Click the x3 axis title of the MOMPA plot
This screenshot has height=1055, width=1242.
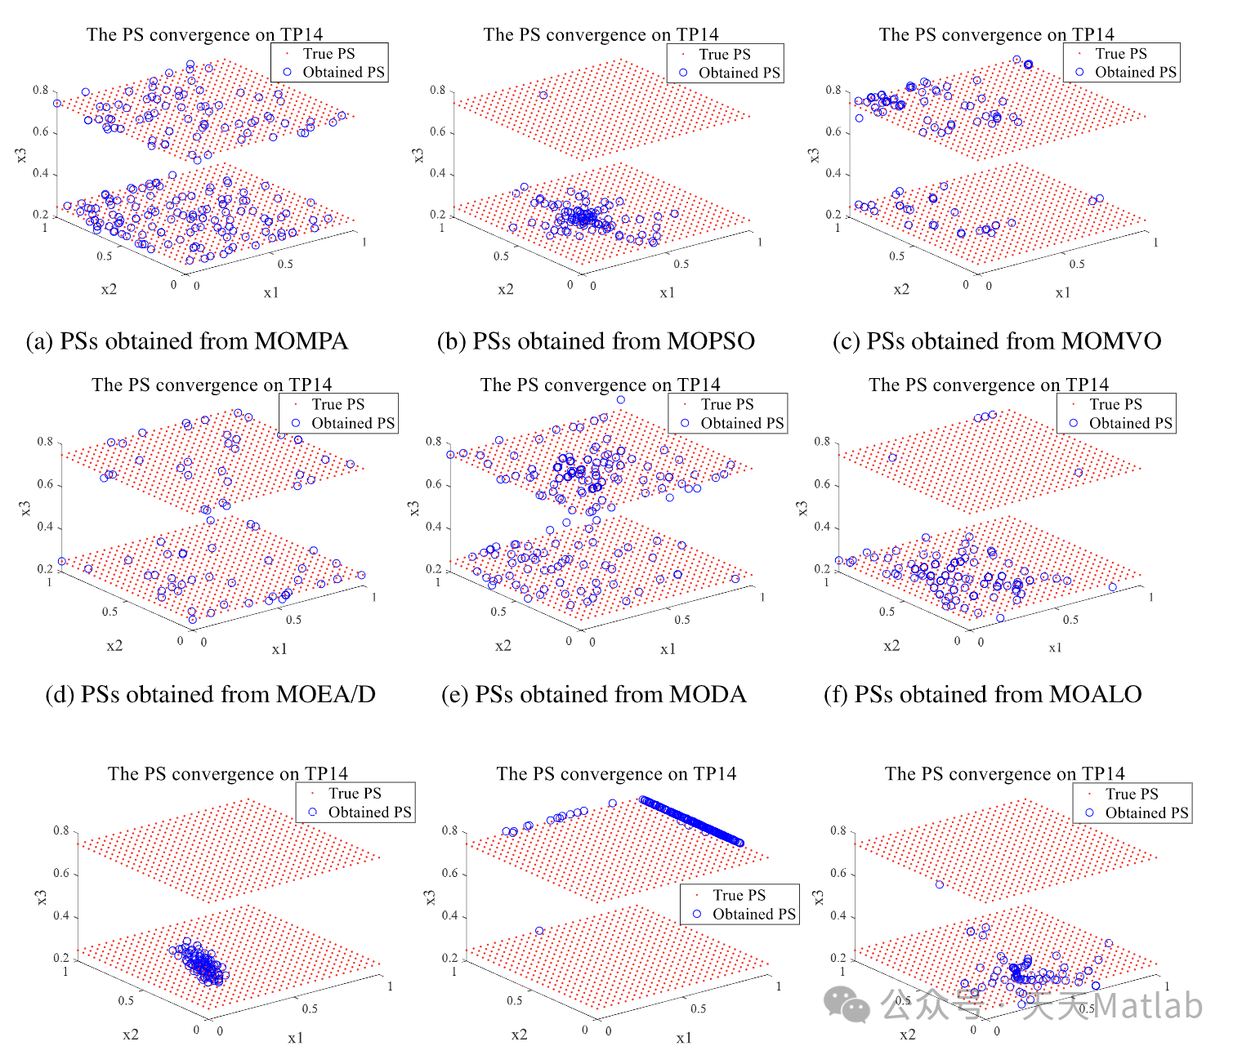point(21,154)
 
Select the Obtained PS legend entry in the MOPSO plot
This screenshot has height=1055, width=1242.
point(739,73)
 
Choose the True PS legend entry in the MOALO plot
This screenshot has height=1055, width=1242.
point(1115,404)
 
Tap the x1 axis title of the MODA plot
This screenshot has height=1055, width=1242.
point(668,649)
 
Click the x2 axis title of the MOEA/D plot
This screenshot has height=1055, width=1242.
point(114,646)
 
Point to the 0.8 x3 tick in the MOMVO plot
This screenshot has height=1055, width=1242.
point(833,90)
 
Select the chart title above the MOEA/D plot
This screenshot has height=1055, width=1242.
point(212,385)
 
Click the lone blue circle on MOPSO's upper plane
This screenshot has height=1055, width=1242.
point(543,96)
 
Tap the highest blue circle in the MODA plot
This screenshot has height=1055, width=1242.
point(621,400)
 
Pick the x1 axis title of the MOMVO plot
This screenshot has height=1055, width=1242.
point(1062,292)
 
